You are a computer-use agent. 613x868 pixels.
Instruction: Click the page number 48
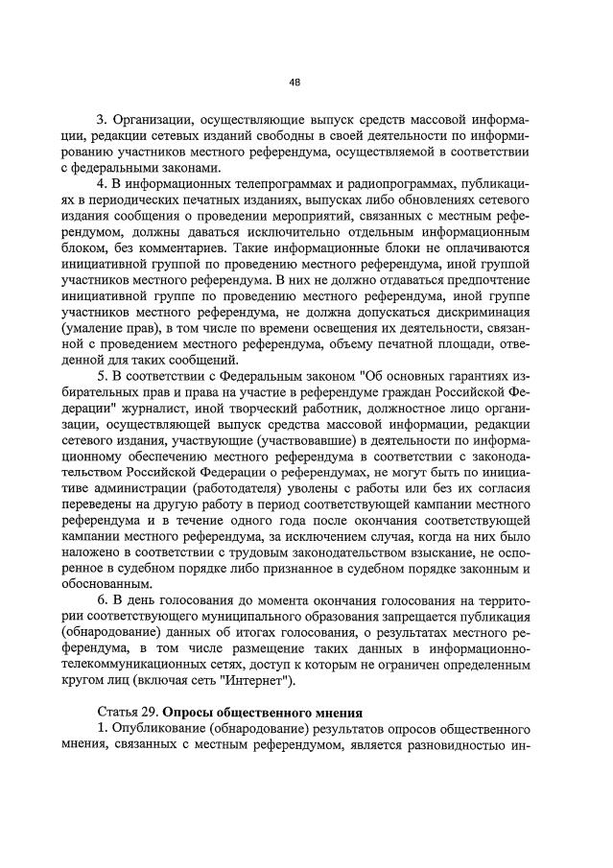coord(295,82)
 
